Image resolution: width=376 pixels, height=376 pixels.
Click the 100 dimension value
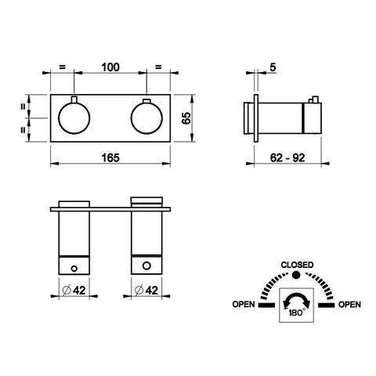pos(110,67)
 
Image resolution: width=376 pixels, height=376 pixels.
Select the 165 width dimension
pos(110,158)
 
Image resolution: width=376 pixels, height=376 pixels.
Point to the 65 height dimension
pos(186,118)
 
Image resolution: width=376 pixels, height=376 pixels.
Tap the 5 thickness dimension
pos(273,67)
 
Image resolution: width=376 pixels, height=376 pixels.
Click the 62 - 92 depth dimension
pos(287,157)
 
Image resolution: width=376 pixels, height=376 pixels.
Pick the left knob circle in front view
pos(59,118)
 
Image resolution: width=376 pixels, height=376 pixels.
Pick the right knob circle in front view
pos(131,118)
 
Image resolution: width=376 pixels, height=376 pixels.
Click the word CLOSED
pos(297,265)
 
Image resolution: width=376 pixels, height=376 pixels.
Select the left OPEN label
pos(244,305)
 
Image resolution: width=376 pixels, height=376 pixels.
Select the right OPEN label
pos(349,305)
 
